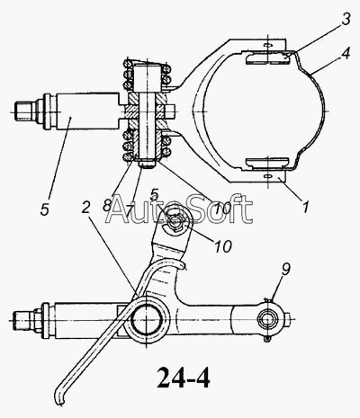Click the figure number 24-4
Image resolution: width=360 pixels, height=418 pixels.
(x=183, y=378)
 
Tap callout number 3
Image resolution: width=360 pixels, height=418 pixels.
(x=346, y=19)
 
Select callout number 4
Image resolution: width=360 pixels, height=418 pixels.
(x=345, y=54)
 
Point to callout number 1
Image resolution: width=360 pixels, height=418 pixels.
(x=305, y=207)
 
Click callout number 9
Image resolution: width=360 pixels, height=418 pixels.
(x=285, y=270)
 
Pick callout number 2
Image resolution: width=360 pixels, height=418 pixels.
(x=86, y=208)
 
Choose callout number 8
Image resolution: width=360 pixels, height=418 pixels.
(x=106, y=205)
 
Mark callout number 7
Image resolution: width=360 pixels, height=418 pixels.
(x=130, y=210)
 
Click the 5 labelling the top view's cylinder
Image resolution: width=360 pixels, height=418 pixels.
(x=44, y=209)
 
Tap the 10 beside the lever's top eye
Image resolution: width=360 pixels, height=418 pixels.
(x=222, y=246)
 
